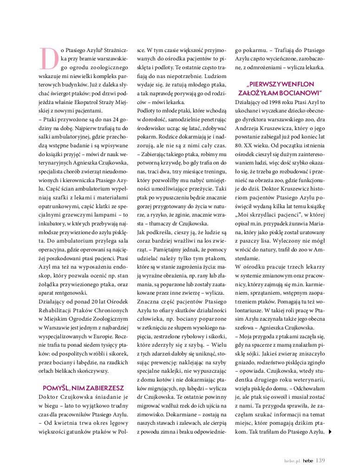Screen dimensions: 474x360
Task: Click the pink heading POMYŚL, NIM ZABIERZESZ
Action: pos(83,388)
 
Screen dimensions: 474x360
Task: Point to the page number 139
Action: pos(320,460)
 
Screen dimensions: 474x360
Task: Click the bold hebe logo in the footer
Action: pos(307,461)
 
